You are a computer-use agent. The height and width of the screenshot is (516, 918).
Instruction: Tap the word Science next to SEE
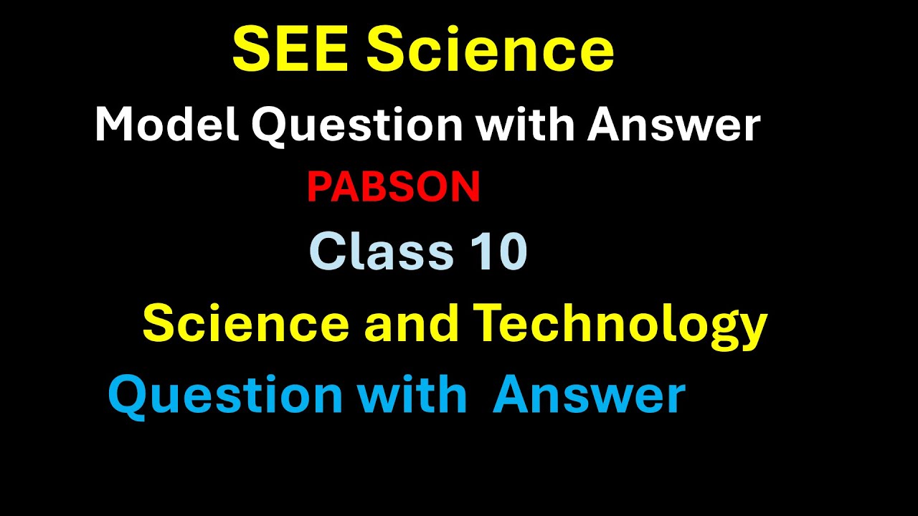(x=491, y=50)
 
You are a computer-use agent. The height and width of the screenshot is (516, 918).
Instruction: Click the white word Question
(x=356, y=127)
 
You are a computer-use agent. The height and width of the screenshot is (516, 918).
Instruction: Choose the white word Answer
(x=674, y=125)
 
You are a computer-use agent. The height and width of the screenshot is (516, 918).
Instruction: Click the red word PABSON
(x=393, y=188)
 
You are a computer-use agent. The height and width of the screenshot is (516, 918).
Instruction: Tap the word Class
(x=382, y=252)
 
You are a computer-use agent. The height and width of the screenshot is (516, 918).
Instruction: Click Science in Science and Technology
(x=246, y=323)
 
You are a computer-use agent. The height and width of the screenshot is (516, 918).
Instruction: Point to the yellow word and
(x=412, y=323)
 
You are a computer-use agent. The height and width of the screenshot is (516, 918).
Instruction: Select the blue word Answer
(x=589, y=396)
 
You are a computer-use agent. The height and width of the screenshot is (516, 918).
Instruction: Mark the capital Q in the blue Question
(x=126, y=396)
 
